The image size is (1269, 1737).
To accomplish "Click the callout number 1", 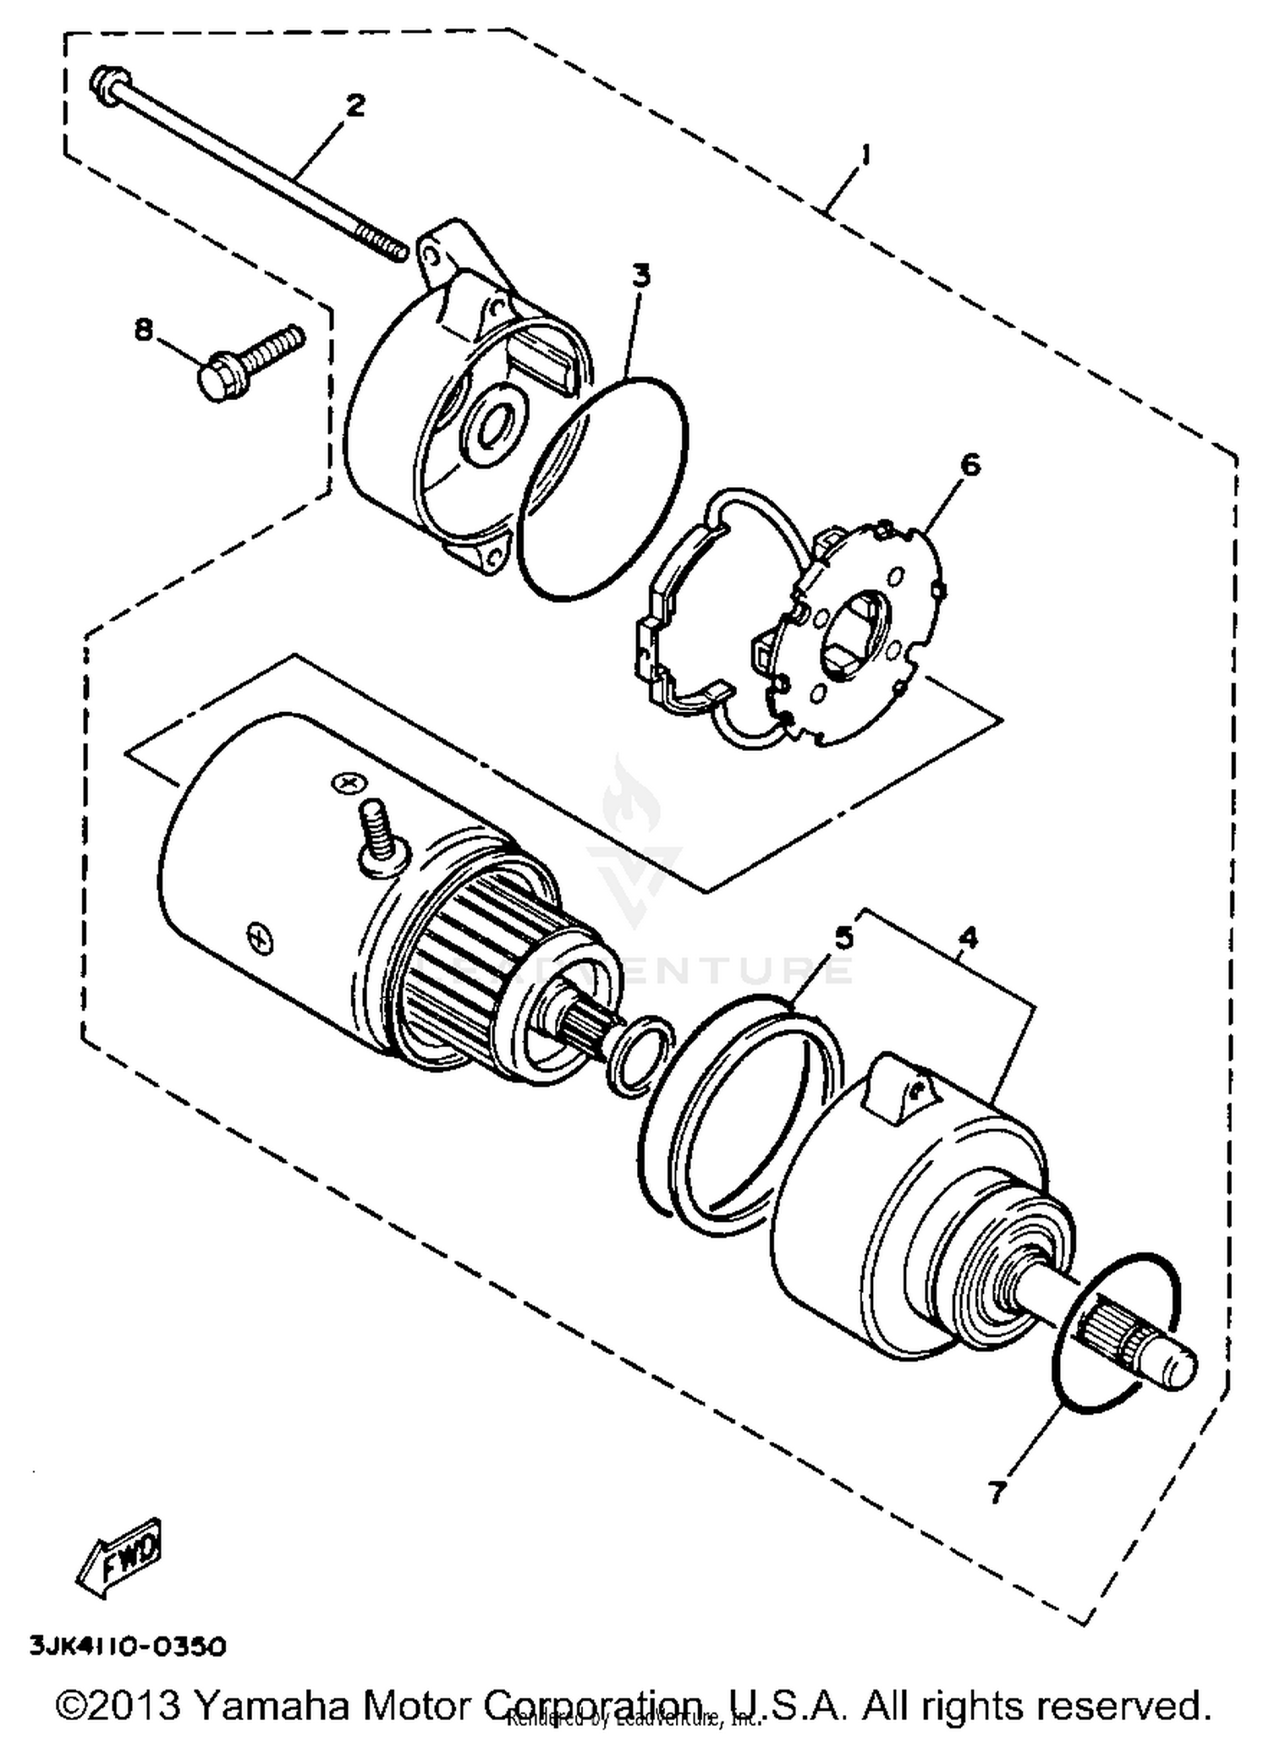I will point(864,155).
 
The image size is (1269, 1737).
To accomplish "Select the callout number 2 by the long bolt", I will point(354,106).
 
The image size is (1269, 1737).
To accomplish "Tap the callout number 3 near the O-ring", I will point(641,276).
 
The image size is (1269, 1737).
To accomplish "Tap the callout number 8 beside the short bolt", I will point(144,330).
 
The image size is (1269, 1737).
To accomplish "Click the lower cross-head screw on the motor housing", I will point(258,935).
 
